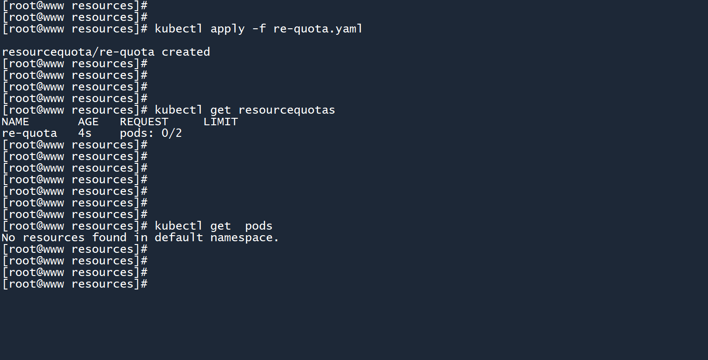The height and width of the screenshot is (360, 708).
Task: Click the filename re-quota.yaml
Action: [318, 29]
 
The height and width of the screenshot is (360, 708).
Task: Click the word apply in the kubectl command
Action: [227, 29]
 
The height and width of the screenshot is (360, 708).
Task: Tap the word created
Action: [186, 52]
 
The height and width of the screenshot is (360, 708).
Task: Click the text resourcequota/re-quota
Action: [78, 52]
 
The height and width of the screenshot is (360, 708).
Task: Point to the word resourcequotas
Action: [286, 110]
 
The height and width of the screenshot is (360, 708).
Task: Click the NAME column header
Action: [15, 122]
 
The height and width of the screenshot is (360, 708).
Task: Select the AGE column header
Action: [88, 122]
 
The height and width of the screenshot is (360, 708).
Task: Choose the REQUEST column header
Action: [144, 122]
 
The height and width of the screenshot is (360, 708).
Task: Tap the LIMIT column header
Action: [220, 122]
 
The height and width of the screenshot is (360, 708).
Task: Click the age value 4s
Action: [85, 133]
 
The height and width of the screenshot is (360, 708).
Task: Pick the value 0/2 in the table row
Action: [172, 133]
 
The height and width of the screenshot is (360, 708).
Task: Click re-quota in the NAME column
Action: [29, 133]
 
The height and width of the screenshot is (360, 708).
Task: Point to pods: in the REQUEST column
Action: [137, 133]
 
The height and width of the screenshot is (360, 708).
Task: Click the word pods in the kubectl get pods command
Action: [259, 226]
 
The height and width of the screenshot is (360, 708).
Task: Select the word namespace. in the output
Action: [245, 238]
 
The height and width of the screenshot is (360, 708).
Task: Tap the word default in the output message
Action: [179, 238]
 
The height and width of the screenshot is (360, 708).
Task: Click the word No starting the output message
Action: [8, 238]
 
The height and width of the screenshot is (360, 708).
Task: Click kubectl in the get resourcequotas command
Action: [179, 110]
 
